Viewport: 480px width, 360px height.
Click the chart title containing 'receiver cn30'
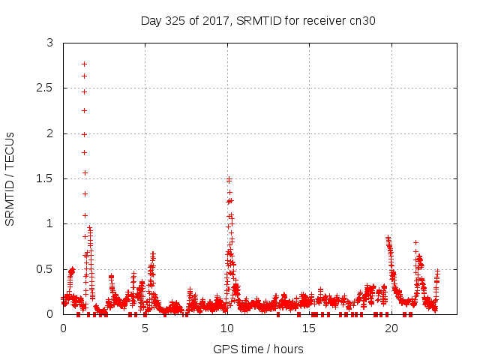pos(258,20)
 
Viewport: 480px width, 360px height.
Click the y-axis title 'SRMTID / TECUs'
pos(10,178)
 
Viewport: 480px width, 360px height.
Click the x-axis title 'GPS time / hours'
pos(258,349)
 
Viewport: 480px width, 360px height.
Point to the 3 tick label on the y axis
pos(49,43)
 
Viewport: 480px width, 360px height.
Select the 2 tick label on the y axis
pos(49,133)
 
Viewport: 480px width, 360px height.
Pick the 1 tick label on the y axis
pos(49,223)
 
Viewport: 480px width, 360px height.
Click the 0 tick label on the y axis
pos(49,313)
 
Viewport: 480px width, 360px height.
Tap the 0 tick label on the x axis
pos(63,328)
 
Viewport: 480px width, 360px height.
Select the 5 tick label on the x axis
pos(145,328)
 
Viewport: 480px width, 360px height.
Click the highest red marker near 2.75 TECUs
pos(84,64)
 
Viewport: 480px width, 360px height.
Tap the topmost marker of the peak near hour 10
pos(229,179)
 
